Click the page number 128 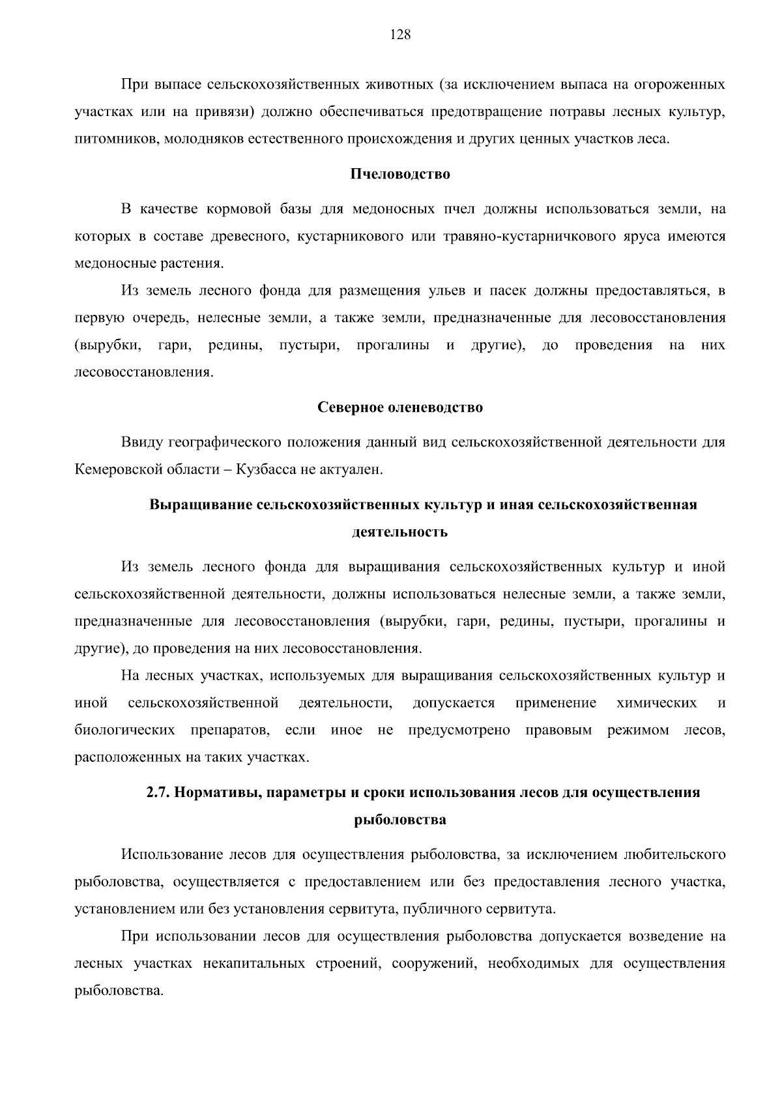[400, 35]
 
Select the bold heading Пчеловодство [400, 175]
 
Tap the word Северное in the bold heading [350, 408]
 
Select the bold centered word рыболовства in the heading [400, 820]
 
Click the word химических [656, 703]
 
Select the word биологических [124, 730]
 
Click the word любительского [674, 854]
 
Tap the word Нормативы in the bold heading [220, 793]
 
